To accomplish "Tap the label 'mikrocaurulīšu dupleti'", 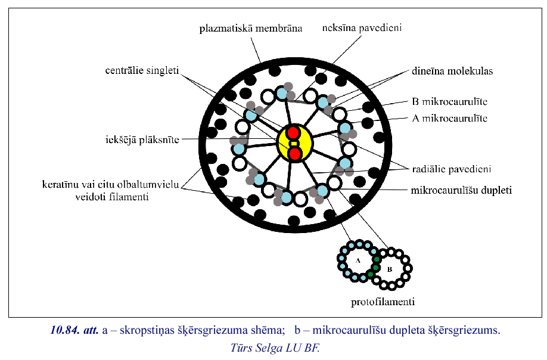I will pyautogui.click(x=461, y=191).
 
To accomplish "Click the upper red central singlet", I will pyautogui.click(x=294, y=132).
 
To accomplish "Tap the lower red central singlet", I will pyautogui.click(x=294, y=154).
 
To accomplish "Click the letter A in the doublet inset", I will pyautogui.click(x=358, y=261).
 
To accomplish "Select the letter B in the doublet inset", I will pyautogui.click(x=390, y=269).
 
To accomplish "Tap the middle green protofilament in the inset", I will pyautogui.click(x=376, y=266).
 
